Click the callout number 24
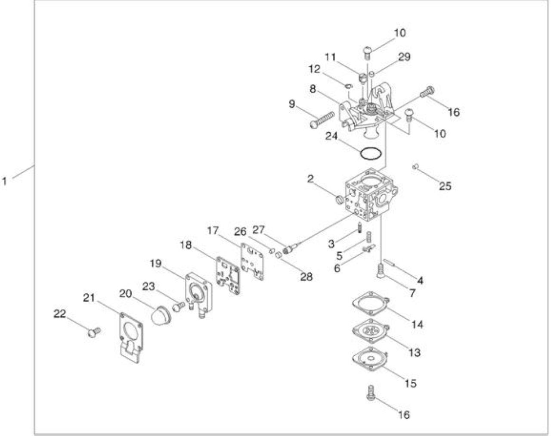(331, 137)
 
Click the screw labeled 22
(94, 332)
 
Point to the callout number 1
(4, 181)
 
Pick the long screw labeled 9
(322, 120)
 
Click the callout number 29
(404, 57)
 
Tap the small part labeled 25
(415, 166)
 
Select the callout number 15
(410, 383)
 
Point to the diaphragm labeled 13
(370, 330)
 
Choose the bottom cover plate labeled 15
(370, 359)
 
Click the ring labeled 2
(340, 199)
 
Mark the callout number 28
(306, 277)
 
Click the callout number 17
(213, 230)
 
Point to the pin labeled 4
(389, 262)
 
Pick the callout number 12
(314, 69)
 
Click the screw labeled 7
(381, 271)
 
